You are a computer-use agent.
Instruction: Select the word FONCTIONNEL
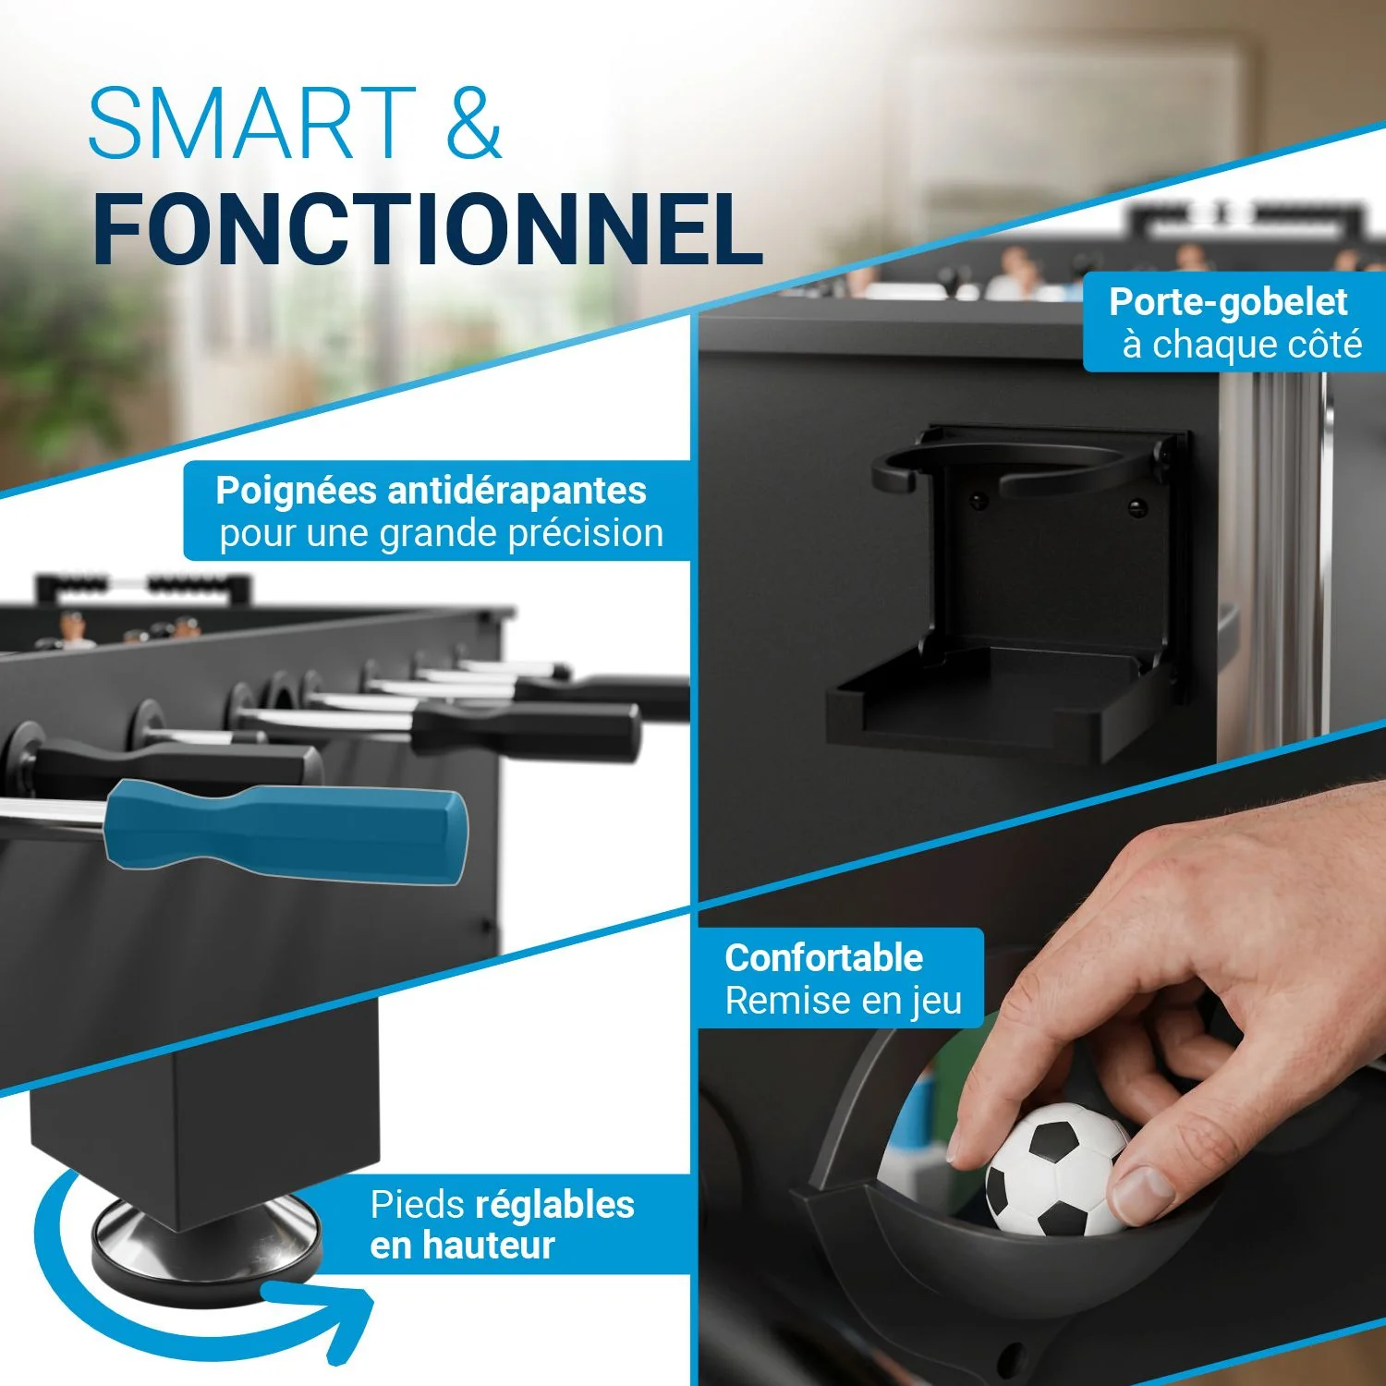(x=428, y=228)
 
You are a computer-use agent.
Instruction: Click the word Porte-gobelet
(x=1228, y=303)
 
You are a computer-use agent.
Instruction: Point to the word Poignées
(x=296, y=492)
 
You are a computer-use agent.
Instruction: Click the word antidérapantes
(x=517, y=491)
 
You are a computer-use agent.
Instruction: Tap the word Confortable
(x=823, y=958)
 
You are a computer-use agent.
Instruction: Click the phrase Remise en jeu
(x=844, y=1002)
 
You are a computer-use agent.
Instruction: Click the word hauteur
(x=488, y=1246)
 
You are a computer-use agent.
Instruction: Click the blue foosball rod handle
(x=286, y=830)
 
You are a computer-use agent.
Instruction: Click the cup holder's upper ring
(x=1016, y=467)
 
